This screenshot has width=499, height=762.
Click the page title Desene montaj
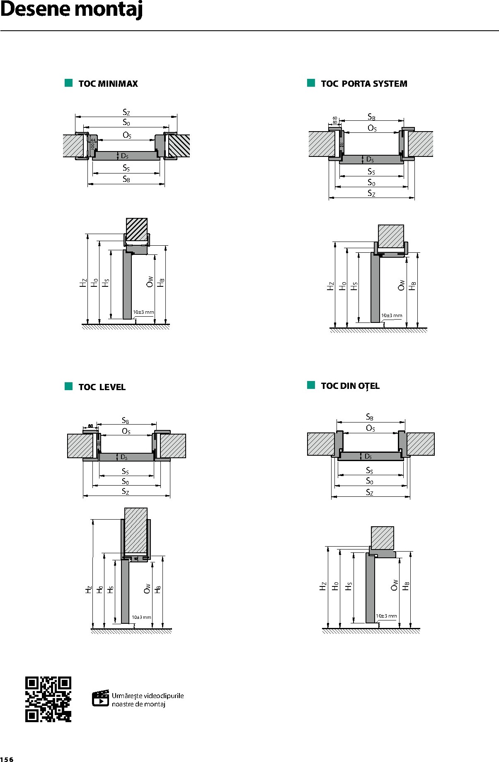pos(71,10)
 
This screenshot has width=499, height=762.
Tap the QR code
pos(48,699)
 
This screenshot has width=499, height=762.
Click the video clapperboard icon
pos(100,698)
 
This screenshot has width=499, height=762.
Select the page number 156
pos(7,759)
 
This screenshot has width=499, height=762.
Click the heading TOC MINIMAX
pos(108,84)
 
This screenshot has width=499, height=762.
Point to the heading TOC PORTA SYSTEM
pos(364,84)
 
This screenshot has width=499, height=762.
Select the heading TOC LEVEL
pos(102,387)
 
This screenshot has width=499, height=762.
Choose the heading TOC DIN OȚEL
pos(350,386)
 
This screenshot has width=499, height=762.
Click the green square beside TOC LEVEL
pos(69,386)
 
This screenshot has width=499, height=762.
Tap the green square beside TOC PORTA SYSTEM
pos(311,83)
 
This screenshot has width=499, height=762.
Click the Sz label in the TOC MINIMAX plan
pos(126,112)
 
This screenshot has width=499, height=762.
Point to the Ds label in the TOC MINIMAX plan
pos(124,156)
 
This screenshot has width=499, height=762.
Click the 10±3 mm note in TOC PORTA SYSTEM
pos(392,315)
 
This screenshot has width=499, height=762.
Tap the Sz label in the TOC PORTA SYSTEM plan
pos(371,193)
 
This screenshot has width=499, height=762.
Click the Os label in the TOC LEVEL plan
pos(126,431)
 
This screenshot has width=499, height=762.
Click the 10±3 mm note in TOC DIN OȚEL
pos(386,616)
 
